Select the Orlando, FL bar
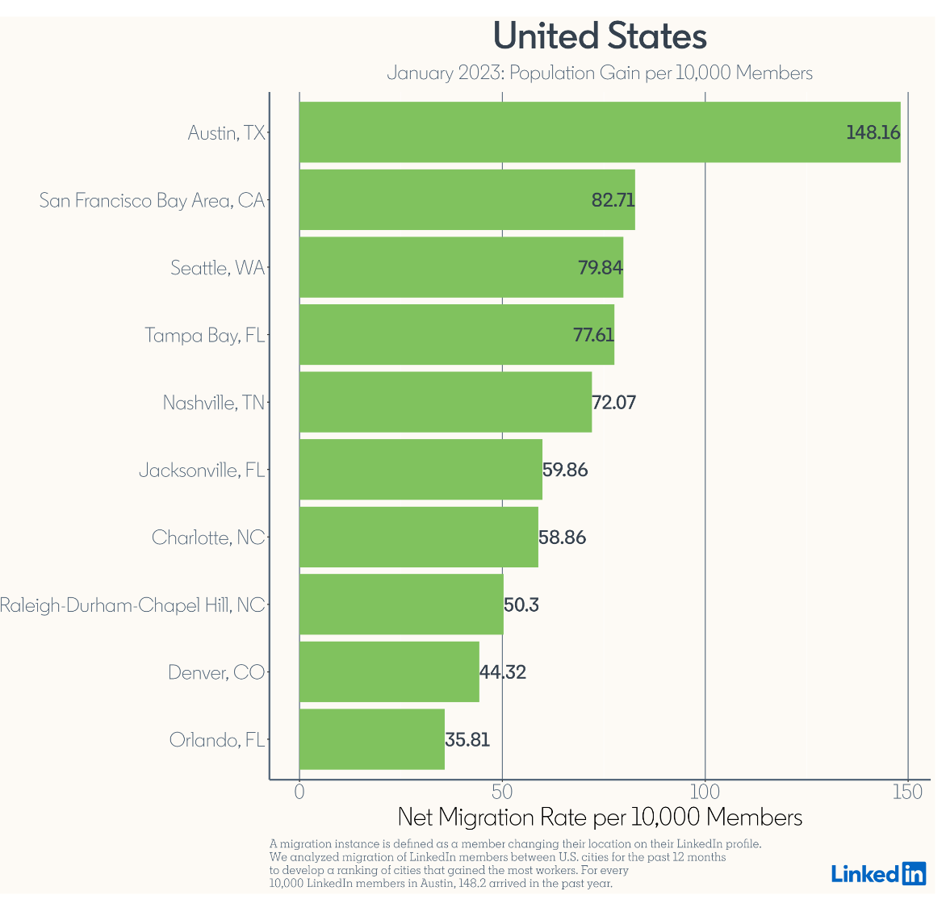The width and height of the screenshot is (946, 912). (x=371, y=739)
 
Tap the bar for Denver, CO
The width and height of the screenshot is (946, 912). (x=389, y=671)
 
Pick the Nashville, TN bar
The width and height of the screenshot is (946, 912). (x=445, y=402)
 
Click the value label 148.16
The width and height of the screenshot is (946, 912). (x=873, y=132)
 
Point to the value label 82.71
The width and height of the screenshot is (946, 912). (x=613, y=200)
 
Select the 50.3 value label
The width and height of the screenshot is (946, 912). (x=521, y=605)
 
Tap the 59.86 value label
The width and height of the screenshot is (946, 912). (x=565, y=470)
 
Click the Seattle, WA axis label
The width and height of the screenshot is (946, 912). (x=217, y=268)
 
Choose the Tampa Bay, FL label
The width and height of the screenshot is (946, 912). (x=204, y=335)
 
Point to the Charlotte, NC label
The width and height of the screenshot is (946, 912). (x=207, y=538)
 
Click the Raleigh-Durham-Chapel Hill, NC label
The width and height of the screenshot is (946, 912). (x=132, y=605)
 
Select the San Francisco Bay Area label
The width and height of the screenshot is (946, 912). (x=152, y=200)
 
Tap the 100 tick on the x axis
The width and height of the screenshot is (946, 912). (x=705, y=793)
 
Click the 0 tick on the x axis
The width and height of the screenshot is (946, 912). (x=299, y=793)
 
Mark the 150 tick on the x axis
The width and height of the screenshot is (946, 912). (x=908, y=793)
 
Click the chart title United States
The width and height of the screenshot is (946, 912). (x=600, y=36)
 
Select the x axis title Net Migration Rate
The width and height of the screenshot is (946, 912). (x=600, y=818)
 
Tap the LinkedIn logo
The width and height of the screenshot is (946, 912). (x=878, y=873)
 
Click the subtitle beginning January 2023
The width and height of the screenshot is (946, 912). (x=600, y=73)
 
